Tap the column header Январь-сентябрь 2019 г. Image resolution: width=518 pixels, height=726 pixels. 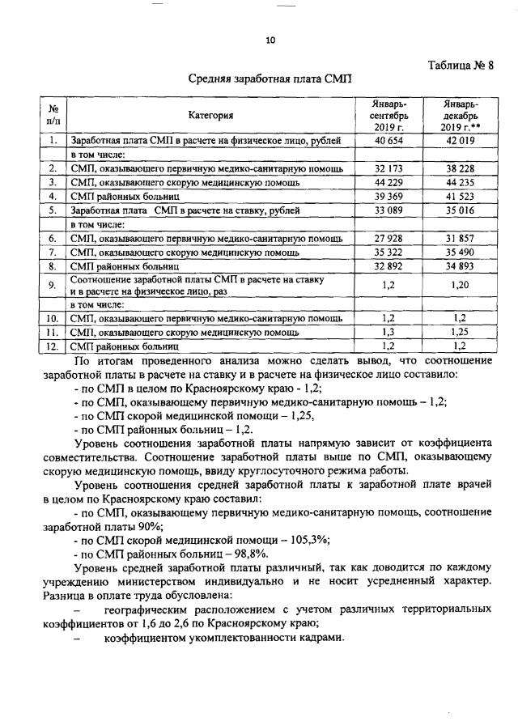coord(389,115)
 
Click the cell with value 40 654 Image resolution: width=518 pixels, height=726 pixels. coord(389,141)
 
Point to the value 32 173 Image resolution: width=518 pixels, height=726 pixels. coord(389,168)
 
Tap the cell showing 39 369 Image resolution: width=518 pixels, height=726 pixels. coord(389,196)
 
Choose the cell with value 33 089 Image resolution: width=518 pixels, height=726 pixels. coord(389,210)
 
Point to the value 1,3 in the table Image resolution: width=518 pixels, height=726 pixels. coord(389,332)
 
